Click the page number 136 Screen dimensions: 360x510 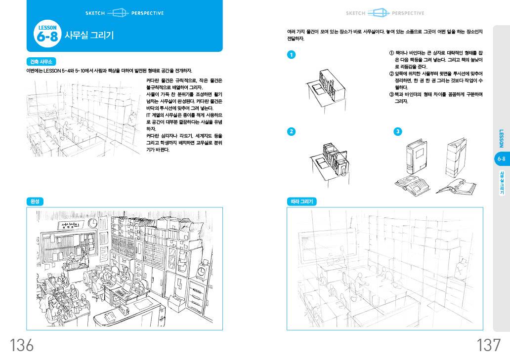tap(22, 345)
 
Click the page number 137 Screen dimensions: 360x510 tap(488, 345)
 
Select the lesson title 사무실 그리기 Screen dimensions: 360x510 tap(89, 36)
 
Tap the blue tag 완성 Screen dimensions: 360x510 tap(35, 201)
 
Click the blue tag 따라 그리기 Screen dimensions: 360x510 tap(301, 201)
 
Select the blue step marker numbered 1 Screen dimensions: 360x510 tap(291, 54)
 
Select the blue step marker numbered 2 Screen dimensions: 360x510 tap(291, 131)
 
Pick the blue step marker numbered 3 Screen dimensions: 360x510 tap(398, 131)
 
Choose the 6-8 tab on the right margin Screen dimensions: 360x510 tap(501, 159)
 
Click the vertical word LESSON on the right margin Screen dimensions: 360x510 tap(501, 139)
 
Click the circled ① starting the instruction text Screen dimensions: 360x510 tap(391, 52)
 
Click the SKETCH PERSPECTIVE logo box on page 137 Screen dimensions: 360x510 tap(379, 13)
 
